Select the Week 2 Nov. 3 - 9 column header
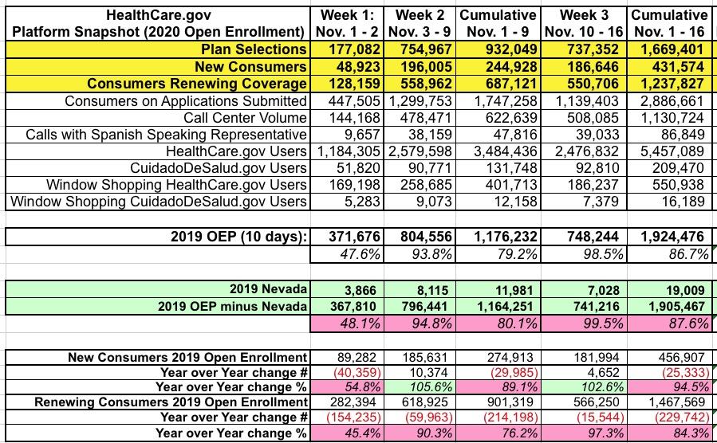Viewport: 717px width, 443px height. pyautogui.click(x=423, y=23)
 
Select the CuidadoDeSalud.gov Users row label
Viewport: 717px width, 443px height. pyautogui.click(x=219, y=168)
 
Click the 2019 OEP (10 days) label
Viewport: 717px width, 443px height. pyautogui.click(x=238, y=237)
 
